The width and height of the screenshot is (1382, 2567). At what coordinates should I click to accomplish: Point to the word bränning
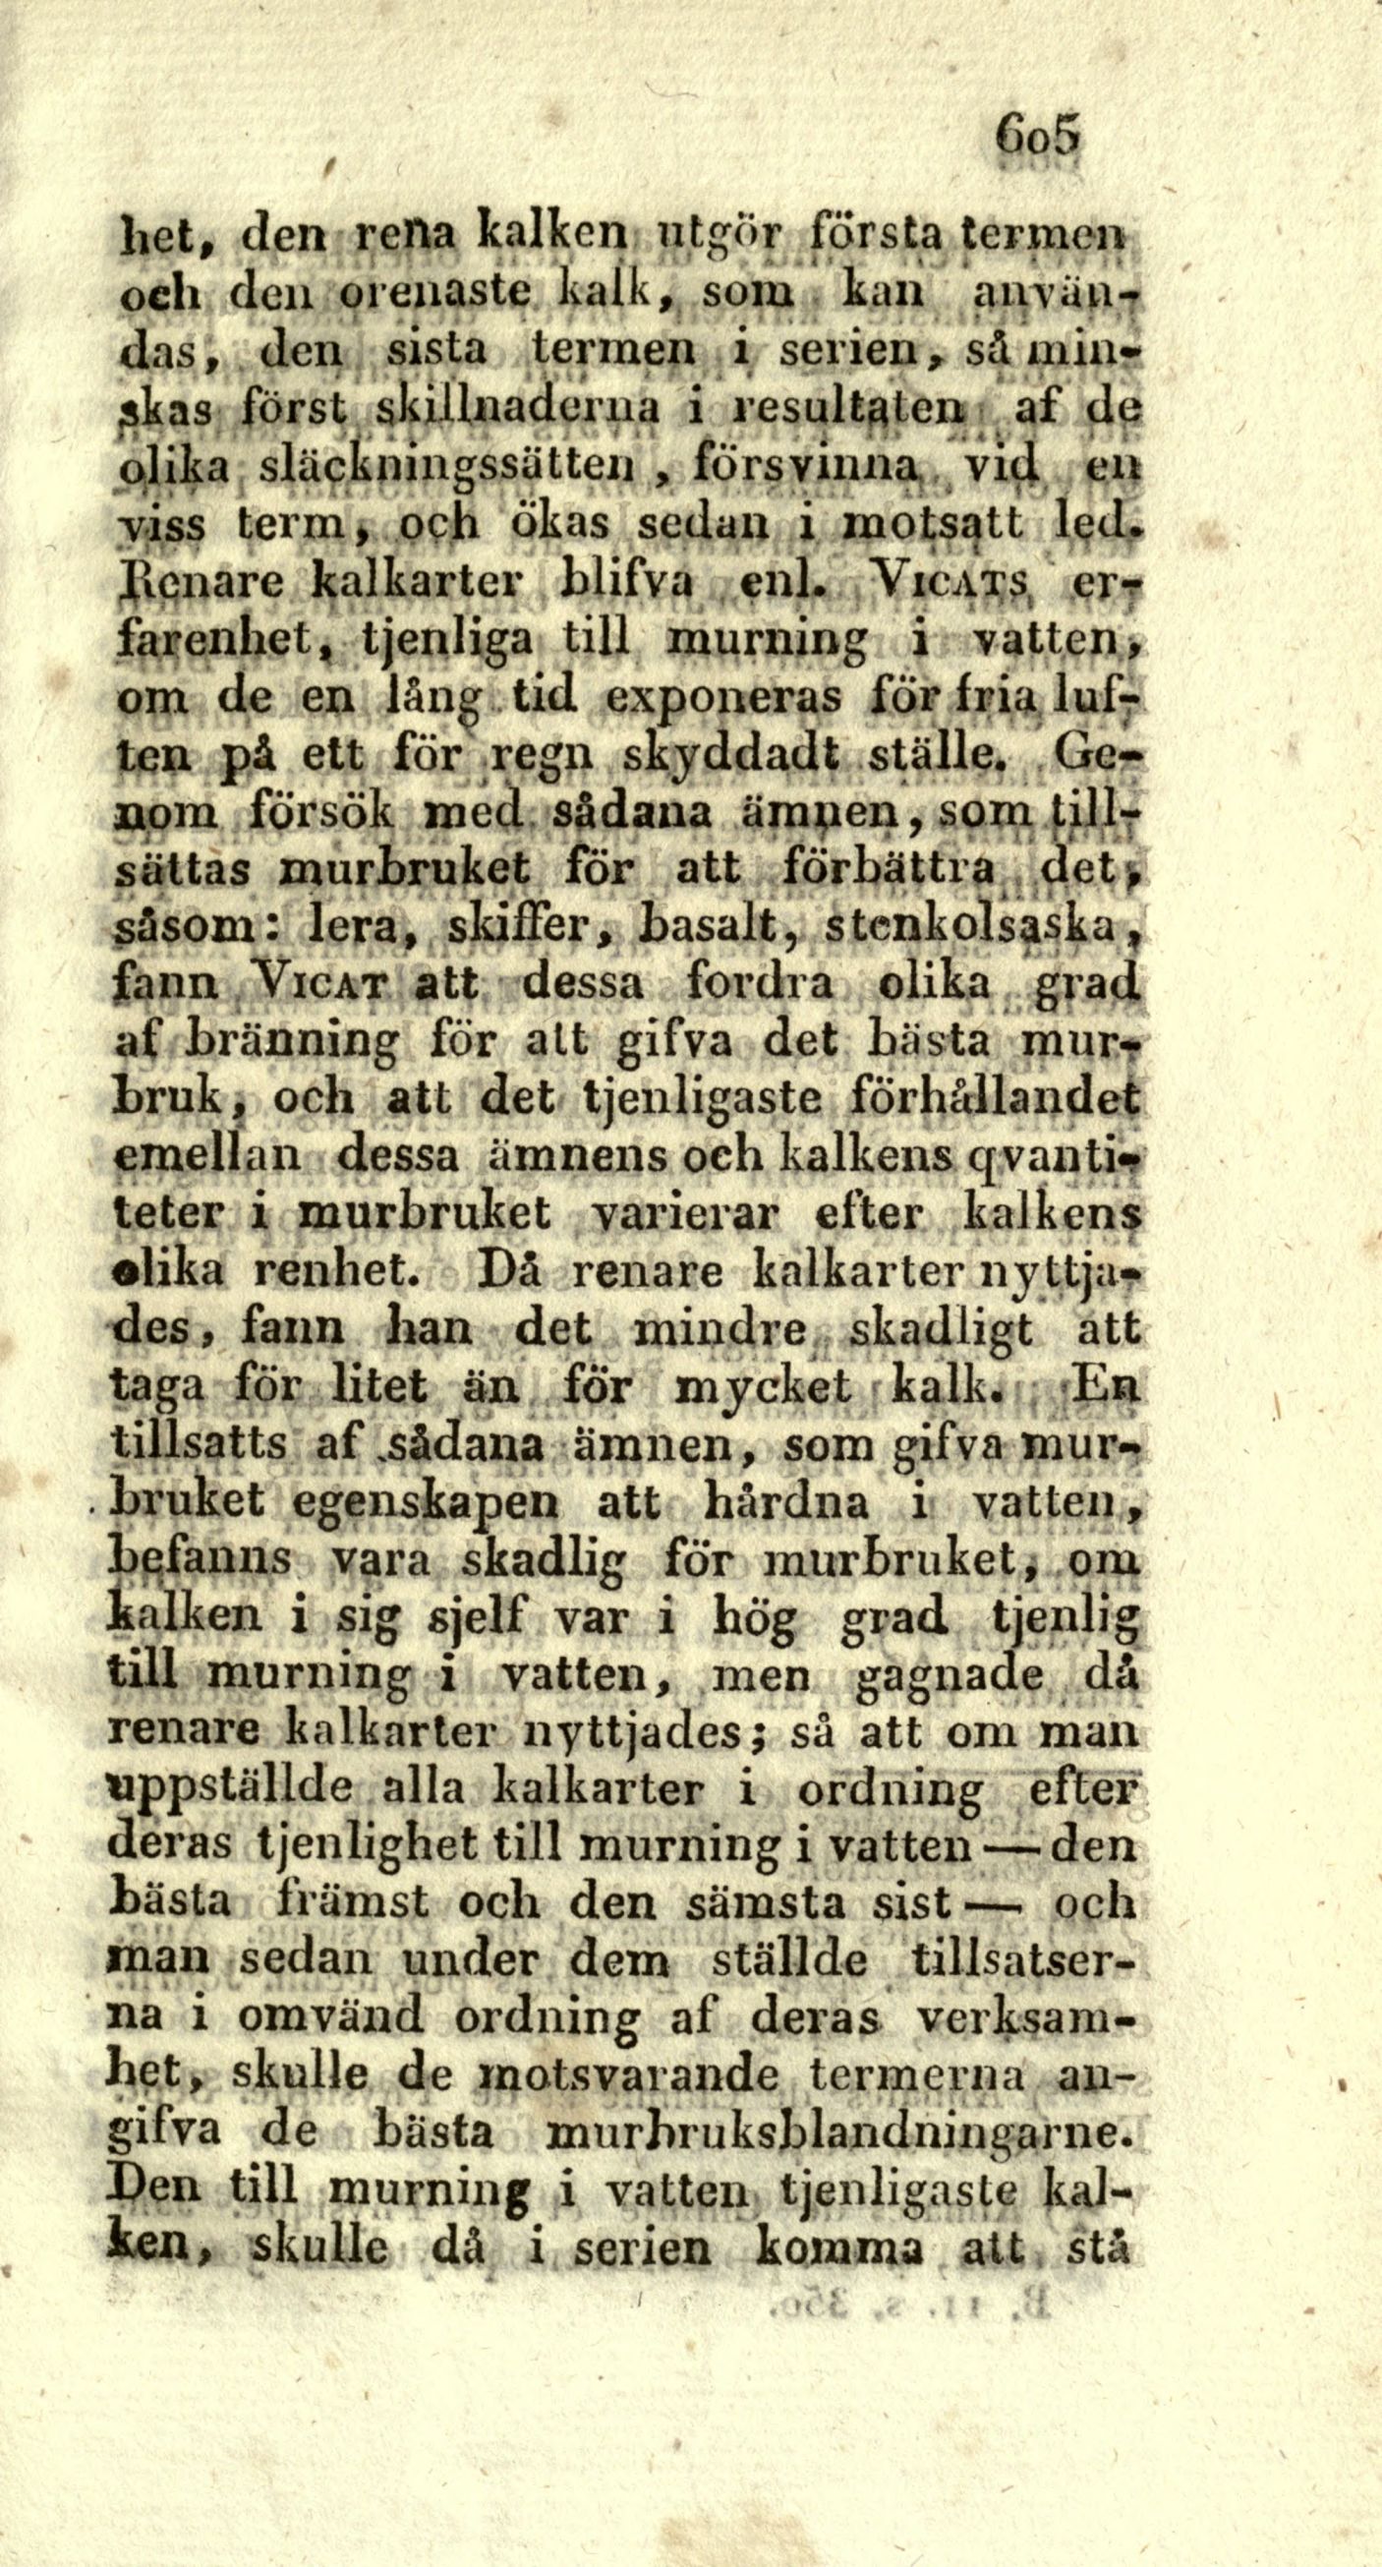coord(294,1042)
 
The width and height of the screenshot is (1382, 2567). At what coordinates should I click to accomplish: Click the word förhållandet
coord(995,1099)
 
